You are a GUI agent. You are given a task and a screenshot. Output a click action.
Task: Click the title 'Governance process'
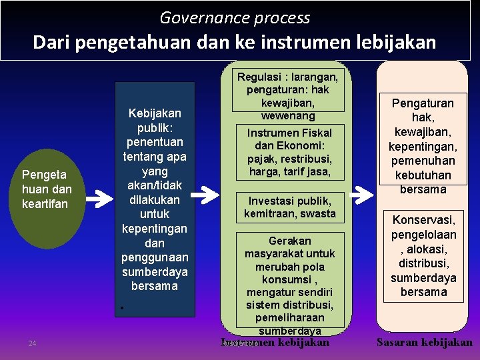(x=235, y=18)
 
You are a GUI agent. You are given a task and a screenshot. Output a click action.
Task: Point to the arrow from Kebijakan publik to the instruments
(x=209, y=194)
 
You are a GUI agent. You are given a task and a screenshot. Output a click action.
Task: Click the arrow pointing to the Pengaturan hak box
(x=361, y=194)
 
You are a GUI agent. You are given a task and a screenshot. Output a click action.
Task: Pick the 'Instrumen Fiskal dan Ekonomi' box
(x=289, y=152)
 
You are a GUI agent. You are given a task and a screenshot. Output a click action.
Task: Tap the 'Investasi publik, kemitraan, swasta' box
(x=289, y=207)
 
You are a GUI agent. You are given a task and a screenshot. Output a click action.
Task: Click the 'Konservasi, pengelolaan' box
(x=423, y=255)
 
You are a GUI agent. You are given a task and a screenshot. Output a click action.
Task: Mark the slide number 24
(x=32, y=343)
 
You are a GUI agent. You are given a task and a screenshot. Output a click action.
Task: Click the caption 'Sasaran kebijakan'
(x=425, y=343)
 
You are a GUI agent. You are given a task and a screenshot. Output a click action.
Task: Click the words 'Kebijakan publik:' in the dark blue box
(x=154, y=120)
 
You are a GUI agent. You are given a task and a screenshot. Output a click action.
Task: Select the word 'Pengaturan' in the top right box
(x=422, y=103)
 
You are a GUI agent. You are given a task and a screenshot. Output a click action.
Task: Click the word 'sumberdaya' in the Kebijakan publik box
(x=154, y=271)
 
